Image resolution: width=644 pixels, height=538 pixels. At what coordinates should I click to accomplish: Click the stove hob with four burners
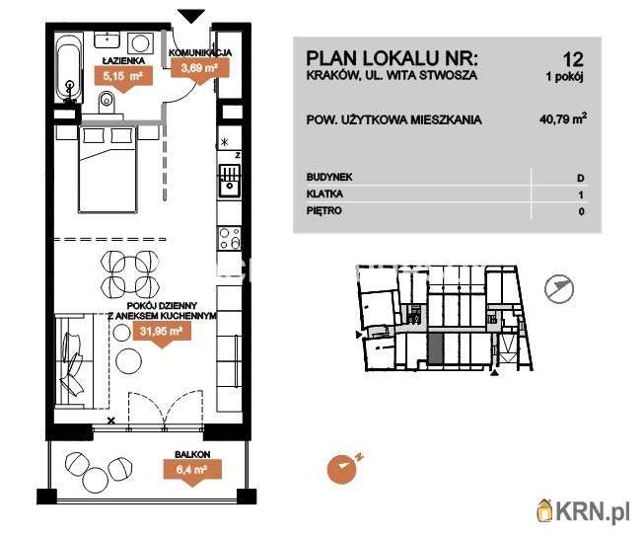click(x=228, y=238)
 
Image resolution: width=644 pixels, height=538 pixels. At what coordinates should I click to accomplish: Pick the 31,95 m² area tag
click(x=158, y=333)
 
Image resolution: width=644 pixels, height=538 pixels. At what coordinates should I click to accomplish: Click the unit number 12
click(x=573, y=57)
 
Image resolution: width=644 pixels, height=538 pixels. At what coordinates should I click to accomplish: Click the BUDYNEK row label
click(x=329, y=177)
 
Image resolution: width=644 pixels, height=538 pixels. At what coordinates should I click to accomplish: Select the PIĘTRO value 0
click(x=580, y=211)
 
